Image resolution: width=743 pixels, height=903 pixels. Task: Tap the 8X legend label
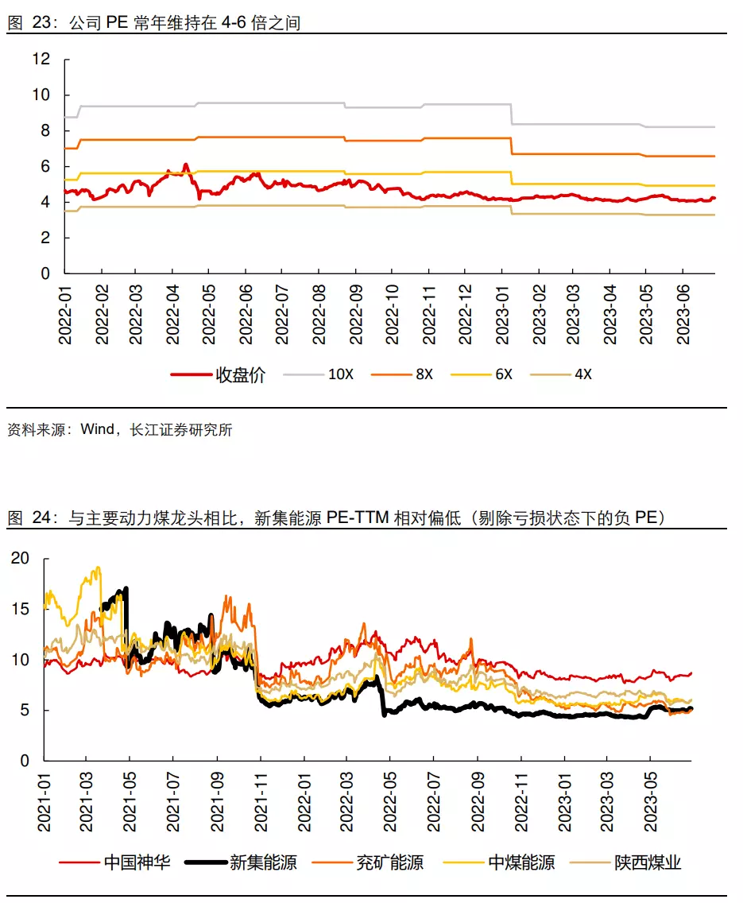[424, 374]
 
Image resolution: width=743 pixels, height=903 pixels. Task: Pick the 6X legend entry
[504, 374]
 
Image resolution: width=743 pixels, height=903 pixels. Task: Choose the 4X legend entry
[583, 374]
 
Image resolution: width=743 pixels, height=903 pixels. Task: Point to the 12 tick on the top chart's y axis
[41, 59]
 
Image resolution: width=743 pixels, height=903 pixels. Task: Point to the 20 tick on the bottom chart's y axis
[21, 558]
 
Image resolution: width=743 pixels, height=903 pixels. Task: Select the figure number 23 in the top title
[41, 23]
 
